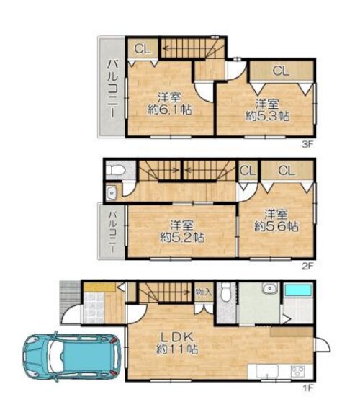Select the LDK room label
[177, 337]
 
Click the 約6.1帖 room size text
[170, 110]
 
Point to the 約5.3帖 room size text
[268, 116]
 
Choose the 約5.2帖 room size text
[182, 237]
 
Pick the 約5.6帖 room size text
[276, 226]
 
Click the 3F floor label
[307, 145]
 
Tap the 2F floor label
[307, 267]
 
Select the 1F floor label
[308, 388]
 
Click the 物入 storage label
[204, 292]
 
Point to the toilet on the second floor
[115, 169]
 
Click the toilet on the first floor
[225, 292]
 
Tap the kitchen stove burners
[297, 371]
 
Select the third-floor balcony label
[112, 89]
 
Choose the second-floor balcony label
[112, 232]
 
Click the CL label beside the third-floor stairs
[143, 49]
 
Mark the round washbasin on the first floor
[269, 288]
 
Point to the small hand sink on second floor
[112, 192]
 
